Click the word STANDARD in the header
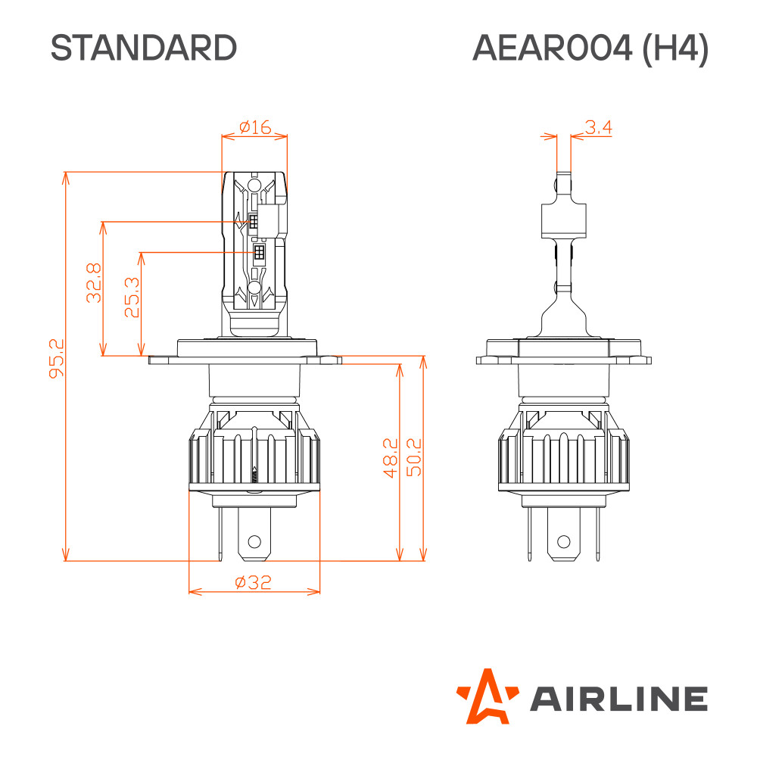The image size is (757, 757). [144, 48]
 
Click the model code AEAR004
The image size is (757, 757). [552, 48]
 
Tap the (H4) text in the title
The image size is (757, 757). [675, 48]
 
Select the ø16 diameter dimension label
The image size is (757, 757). [255, 127]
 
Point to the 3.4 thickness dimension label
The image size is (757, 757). [598, 127]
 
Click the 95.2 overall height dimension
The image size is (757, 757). [57, 358]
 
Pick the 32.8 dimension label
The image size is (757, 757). [94, 283]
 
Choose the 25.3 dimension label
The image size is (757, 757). [132, 297]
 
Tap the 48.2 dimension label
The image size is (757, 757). [390, 458]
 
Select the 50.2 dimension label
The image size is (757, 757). [414, 457]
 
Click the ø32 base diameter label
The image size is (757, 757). [254, 582]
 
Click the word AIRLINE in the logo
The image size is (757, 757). [619, 699]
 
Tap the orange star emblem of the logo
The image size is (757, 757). [488, 696]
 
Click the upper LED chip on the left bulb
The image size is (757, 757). [253, 222]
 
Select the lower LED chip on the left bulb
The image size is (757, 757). [259, 252]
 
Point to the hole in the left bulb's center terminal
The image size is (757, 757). [254, 541]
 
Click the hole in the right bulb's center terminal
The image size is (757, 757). [564, 541]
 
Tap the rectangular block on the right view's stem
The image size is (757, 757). [564, 221]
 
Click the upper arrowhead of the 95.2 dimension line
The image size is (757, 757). [66, 178]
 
